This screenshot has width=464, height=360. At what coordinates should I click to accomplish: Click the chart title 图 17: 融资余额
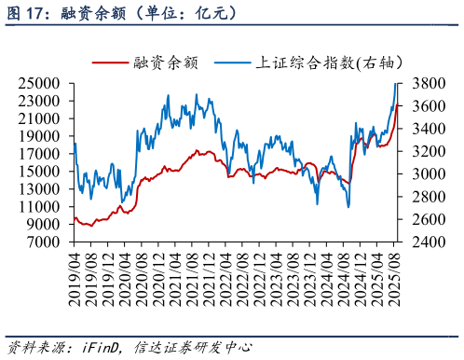(121, 13)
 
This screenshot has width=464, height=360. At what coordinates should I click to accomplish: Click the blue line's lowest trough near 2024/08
(348, 206)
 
